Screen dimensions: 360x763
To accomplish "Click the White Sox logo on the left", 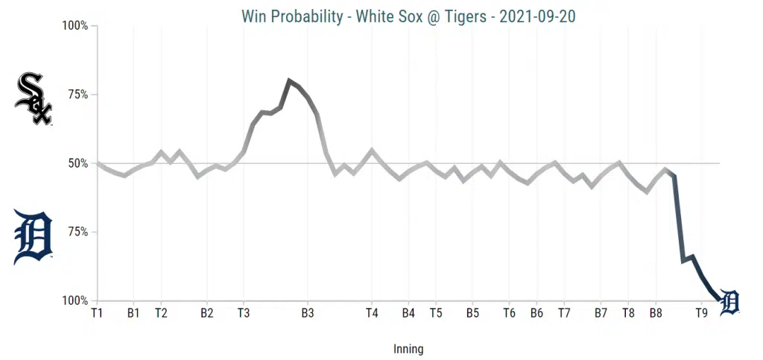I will pyautogui.click(x=34, y=98).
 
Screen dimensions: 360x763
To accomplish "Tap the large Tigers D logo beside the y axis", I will pyautogui.click(x=34, y=237).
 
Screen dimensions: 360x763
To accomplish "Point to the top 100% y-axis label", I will pyautogui.click(x=75, y=26).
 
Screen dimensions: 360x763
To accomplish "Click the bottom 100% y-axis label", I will pyautogui.click(x=75, y=301).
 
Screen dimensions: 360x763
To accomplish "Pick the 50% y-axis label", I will pyautogui.click(x=77, y=163).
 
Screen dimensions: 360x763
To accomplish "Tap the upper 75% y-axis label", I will pyautogui.click(x=77, y=95).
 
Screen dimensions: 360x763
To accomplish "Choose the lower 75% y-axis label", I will pyautogui.click(x=77, y=232).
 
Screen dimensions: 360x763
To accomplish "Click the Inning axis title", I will pyautogui.click(x=408, y=348).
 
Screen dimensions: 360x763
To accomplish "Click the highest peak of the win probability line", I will pyautogui.click(x=289, y=80).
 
